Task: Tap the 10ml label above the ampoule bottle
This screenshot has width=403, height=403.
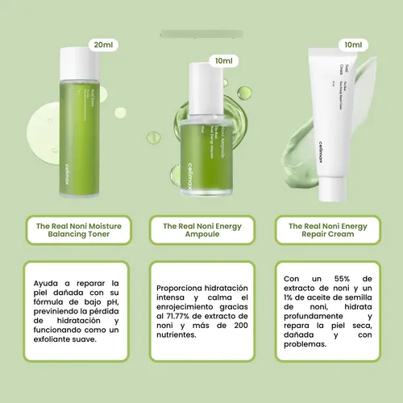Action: coord(223,60)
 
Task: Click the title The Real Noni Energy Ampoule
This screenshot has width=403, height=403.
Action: coord(201,232)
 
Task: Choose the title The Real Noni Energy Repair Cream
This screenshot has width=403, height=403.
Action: coord(326,232)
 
